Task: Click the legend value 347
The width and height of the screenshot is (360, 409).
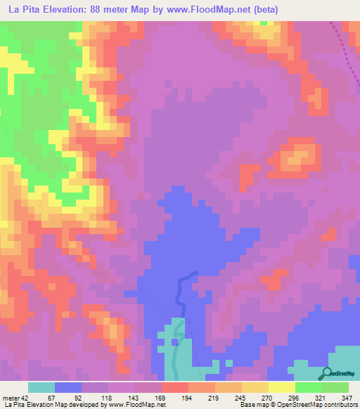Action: click(x=347, y=397)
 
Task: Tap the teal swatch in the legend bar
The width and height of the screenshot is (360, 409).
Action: click(x=41, y=387)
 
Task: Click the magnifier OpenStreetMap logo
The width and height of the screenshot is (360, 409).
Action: click(x=326, y=373)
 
